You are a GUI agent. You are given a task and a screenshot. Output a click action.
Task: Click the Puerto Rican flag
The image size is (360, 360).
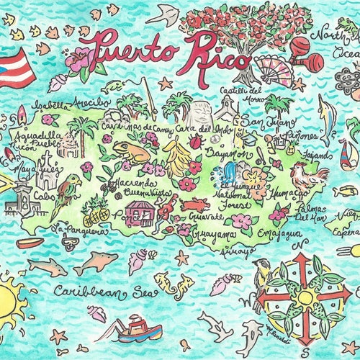(x=14, y=68)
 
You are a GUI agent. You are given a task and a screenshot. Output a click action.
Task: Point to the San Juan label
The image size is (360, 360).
(x=258, y=122)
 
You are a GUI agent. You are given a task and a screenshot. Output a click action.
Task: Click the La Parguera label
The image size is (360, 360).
(x=79, y=231)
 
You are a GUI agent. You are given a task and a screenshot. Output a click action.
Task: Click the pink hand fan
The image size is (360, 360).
(x=274, y=71)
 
